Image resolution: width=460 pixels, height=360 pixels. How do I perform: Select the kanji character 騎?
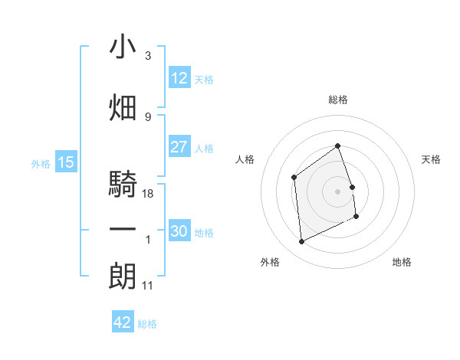pos(123,185)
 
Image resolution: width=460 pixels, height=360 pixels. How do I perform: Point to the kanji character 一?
pos(123,229)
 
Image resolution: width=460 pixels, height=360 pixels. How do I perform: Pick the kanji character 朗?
pos(123,276)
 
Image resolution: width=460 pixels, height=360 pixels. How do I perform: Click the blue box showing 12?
pos(179,78)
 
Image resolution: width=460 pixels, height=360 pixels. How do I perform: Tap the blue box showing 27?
pos(179,147)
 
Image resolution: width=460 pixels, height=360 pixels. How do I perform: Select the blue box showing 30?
pos(179,232)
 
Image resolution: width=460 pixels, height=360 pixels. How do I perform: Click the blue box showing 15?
pos(65,162)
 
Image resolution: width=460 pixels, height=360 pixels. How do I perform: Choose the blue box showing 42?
pos(123,322)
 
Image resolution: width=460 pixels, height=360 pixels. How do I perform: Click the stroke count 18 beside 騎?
pos(149,194)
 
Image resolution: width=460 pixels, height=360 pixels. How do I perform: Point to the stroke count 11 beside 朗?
pos(148,286)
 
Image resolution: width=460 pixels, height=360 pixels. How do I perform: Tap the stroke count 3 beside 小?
pos(148,56)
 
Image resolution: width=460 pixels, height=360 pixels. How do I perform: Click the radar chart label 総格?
pos(338,100)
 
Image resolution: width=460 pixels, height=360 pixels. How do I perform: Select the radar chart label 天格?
pos(432,159)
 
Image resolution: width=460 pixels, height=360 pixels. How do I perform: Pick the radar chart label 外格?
pos(270,262)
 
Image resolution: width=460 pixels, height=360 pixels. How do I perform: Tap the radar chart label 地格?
pos(402,262)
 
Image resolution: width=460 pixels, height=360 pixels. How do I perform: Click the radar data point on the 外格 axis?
pos(302,242)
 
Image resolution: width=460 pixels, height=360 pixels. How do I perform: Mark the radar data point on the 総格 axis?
pos(337,146)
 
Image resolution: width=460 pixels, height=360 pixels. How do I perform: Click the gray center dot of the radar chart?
pos(337,191)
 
